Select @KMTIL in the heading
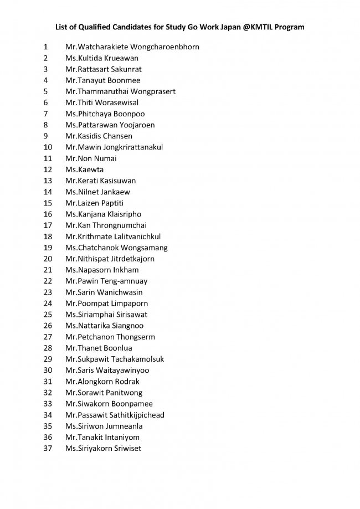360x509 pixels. point(256,26)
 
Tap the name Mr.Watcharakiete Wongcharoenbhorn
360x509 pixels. point(132,47)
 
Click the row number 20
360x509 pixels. point(47,259)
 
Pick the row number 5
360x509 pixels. point(45,91)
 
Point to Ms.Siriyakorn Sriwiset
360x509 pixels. point(103,448)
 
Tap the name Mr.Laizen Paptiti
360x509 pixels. point(98,203)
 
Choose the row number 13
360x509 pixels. point(47,181)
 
